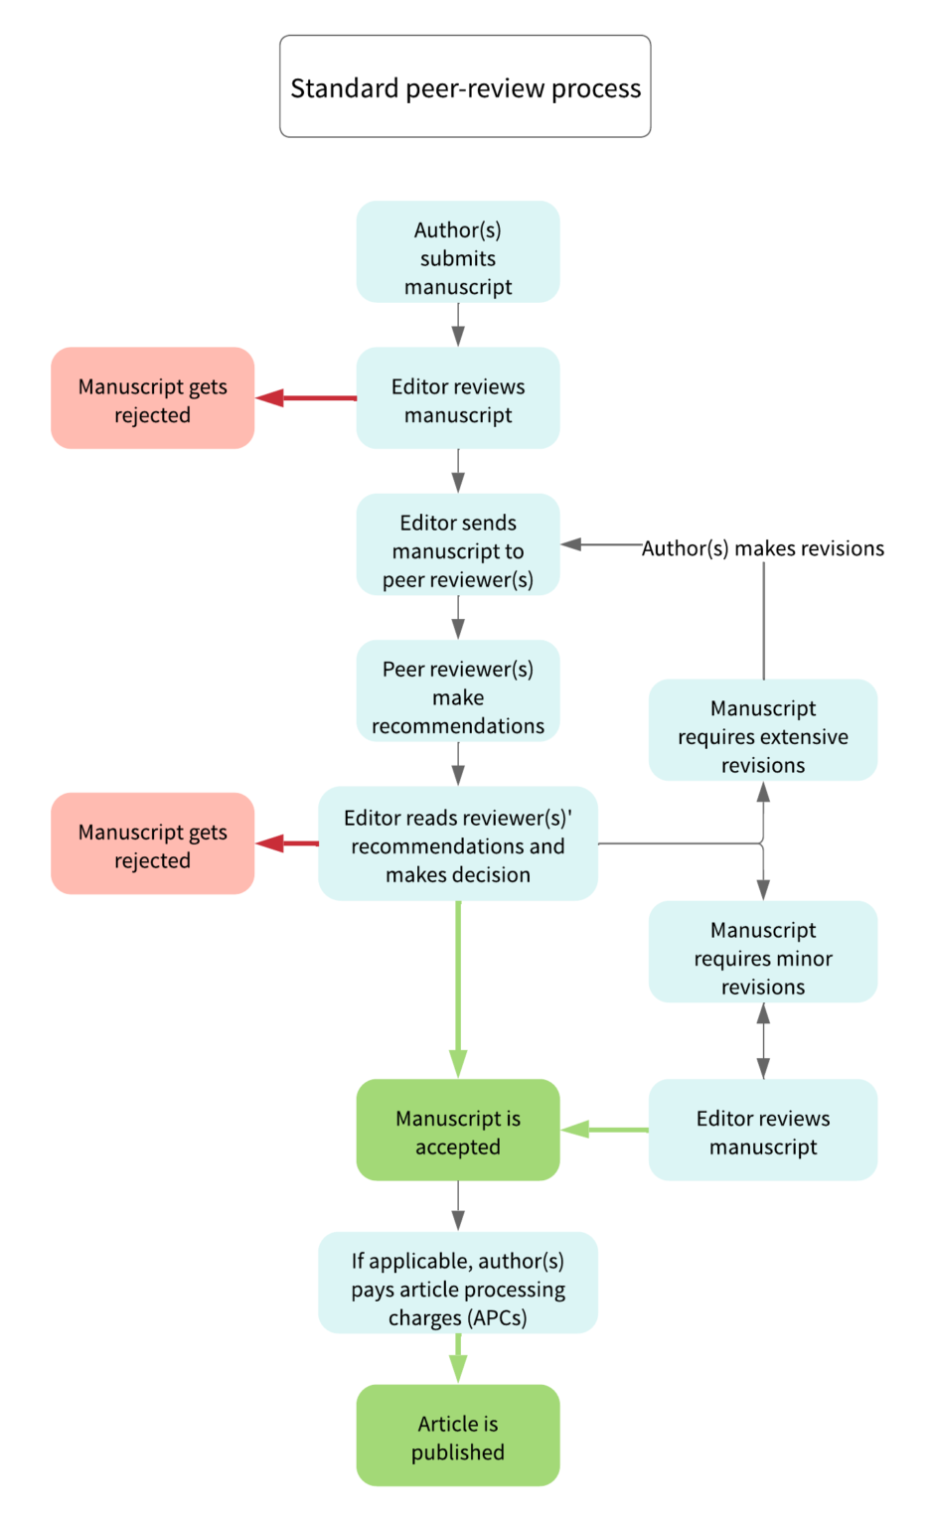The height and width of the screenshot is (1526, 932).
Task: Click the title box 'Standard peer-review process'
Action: [465, 87]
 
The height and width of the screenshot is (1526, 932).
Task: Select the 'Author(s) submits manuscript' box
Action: [458, 252]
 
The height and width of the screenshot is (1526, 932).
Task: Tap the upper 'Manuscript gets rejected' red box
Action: [153, 398]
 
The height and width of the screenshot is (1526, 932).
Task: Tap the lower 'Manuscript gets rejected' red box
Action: [153, 843]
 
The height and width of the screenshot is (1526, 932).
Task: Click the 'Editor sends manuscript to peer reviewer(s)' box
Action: [458, 545]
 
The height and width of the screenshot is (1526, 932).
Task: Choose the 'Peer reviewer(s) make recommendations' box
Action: [458, 691]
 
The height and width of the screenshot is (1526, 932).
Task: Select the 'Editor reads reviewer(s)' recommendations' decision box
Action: [458, 844]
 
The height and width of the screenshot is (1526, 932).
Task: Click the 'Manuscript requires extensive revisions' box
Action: [763, 730]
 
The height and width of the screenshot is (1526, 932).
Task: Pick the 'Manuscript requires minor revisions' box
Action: [763, 952]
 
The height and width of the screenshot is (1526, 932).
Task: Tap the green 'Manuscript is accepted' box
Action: [458, 1131]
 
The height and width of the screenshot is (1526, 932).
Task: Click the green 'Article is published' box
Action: [458, 1436]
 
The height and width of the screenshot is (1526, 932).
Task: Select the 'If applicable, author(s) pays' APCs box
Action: [458, 1284]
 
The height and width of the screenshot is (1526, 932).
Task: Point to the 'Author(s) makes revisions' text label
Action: [763, 548]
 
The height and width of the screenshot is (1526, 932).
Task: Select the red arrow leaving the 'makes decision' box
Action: [287, 843]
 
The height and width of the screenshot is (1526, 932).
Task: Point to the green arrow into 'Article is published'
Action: [458, 1357]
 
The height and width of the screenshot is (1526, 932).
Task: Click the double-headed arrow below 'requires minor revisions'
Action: [763, 1040]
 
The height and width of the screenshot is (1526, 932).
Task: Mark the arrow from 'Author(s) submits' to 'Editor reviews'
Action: [458, 324]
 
